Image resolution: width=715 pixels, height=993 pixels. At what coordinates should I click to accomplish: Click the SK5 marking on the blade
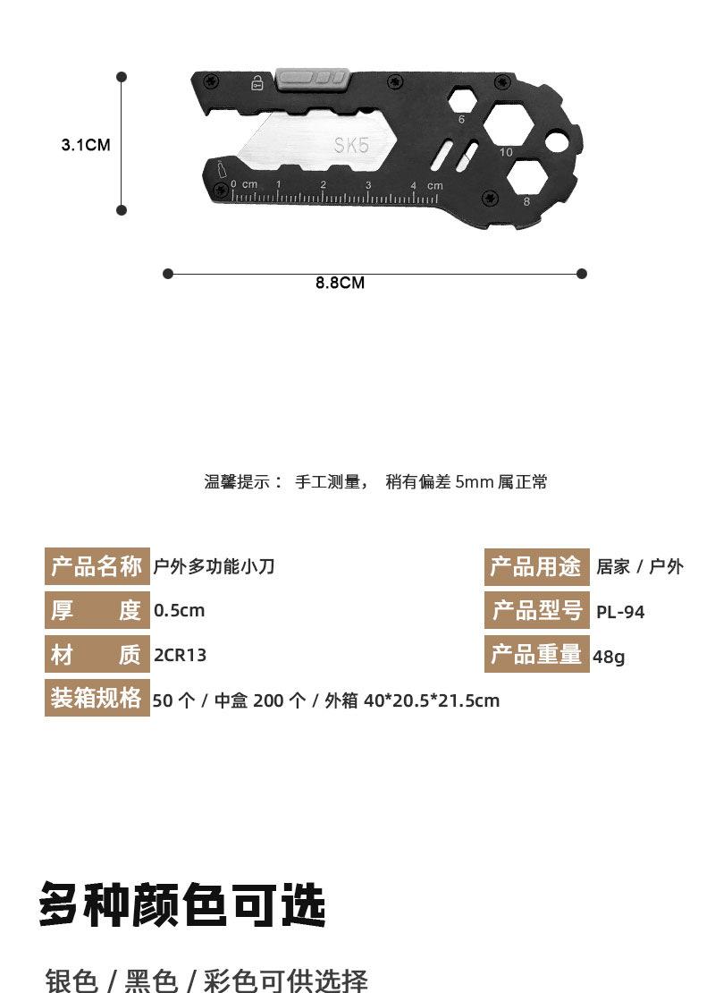tap(351, 145)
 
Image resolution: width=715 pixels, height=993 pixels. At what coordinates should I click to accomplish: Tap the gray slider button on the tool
tap(312, 78)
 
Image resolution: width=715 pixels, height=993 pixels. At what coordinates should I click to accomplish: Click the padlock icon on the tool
tap(257, 83)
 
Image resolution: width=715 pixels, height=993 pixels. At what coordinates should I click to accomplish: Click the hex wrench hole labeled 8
tap(526, 177)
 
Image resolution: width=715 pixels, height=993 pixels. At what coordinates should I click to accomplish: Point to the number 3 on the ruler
tap(368, 185)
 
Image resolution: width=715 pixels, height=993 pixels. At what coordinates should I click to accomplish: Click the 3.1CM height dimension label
tap(86, 144)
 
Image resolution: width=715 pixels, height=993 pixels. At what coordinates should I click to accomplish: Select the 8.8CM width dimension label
tap(340, 283)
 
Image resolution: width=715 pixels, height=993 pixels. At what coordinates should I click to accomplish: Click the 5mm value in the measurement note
tap(474, 482)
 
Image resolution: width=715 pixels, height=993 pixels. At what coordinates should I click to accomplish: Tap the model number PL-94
tap(620, 613)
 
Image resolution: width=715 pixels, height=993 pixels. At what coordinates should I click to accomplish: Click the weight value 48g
tap(609, 657)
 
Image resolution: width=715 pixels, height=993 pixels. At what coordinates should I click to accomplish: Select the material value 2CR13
tap(180, 655)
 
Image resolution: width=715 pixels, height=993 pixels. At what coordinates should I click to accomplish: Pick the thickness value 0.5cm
tap(179, 611)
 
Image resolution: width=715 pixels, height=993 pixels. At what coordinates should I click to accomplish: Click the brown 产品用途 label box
tap(536, 567)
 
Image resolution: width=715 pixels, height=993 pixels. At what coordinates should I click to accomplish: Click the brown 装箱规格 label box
tap(97, 698)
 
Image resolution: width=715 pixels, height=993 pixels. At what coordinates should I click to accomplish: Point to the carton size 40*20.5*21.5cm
tap(431, 700)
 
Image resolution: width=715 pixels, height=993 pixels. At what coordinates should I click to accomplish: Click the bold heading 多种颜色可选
tap(182, 905)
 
